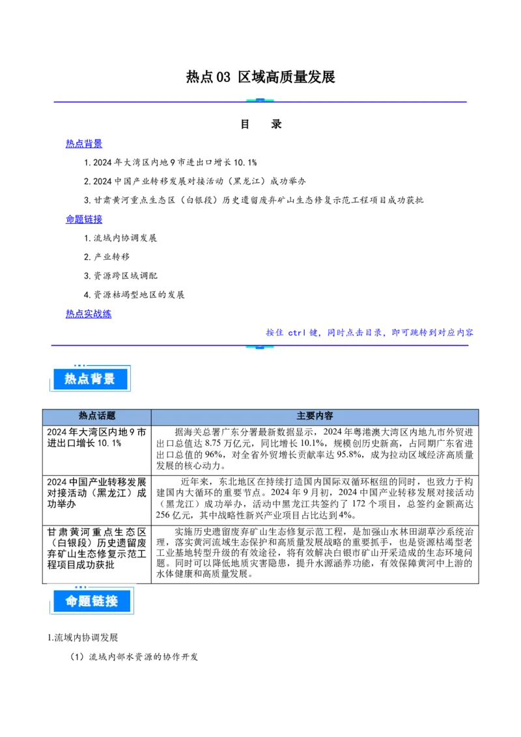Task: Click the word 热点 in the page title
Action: click(x=200, y=77)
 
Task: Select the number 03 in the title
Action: click(x=223, y=77)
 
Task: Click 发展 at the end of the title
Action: click(x=322, y=77)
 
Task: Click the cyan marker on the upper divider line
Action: click(x=260, y=101)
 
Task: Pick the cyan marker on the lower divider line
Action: click(x=260, y=346)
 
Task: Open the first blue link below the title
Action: click(x=83, y=143)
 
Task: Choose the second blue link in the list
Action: click(x=83, y=220)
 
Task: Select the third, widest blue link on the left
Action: click(x=89, y=314)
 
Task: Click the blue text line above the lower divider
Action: click(x=369, y=333)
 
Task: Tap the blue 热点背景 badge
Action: click(x=90, y=378)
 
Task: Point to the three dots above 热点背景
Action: click(x=79, y=365)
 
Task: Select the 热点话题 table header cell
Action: click(x=97, y=417)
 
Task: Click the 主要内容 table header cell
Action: click(x=315, y=417)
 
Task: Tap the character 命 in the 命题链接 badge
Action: click(x=72, y=602)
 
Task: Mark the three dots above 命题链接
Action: click(x=81, y=588)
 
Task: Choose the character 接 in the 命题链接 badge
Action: click(x=111, y=602)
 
